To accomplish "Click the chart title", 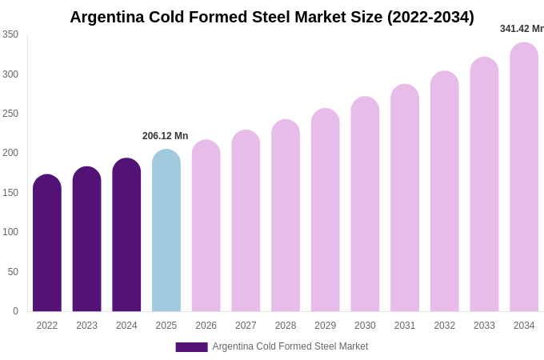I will (x=272, y=17).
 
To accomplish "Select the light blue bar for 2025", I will (x=166, y=232).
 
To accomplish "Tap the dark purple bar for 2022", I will (x=47, y=244).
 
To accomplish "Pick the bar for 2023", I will (x=86, y=240).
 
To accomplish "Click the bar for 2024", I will (x=126, y=236).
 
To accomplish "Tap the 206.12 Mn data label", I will (x=166, y=136).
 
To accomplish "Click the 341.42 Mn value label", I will (x=522, y=29).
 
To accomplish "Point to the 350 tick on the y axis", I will (x=10, y=34).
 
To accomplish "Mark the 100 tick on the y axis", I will (x=10, y=232).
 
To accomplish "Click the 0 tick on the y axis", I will (x=15, y=311).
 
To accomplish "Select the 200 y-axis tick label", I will (x=10, y=153).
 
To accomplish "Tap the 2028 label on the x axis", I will (x=286, y=326).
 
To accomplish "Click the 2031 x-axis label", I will (x=405, y=326).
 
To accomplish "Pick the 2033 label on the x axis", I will (x=484, y=326).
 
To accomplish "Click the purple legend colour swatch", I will (x=191, y=347).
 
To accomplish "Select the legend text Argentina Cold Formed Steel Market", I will (x=290, y=346).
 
